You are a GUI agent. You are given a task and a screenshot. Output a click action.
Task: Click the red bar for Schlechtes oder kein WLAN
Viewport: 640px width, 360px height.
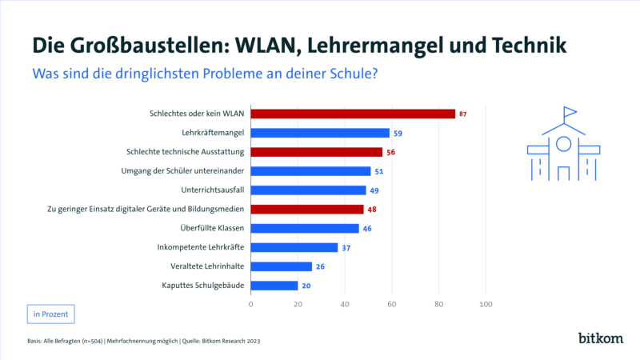(x=353, y=114)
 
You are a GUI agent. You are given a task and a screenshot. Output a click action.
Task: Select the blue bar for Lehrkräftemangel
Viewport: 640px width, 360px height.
(x=320, y=133)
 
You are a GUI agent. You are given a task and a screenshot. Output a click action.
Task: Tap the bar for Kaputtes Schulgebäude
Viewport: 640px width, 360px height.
(x=274, y=285)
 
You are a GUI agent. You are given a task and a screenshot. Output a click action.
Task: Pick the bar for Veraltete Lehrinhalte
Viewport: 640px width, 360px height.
(x=282, y=266)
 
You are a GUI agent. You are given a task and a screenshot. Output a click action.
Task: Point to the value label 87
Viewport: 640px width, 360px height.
(x=462, y=114)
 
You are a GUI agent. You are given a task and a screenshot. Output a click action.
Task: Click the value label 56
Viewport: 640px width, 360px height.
(x=392, y=152)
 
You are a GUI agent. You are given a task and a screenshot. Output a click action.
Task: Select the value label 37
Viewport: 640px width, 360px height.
(x=347, y=247)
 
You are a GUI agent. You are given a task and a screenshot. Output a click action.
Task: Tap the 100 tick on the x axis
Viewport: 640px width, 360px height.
(x=485, y=305)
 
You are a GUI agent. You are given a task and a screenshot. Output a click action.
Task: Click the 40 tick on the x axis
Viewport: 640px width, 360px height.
(x=345, y=305)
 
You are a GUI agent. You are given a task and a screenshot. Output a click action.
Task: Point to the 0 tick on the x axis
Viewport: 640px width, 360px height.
(x=251, y=305)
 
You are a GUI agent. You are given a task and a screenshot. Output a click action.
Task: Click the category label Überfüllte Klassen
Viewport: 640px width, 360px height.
(x=210, y=228)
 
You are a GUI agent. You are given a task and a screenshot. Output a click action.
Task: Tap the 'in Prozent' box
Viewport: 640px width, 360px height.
(x=50, y=314)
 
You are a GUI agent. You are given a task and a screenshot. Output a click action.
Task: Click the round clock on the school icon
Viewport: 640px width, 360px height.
(x=563, y=144)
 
